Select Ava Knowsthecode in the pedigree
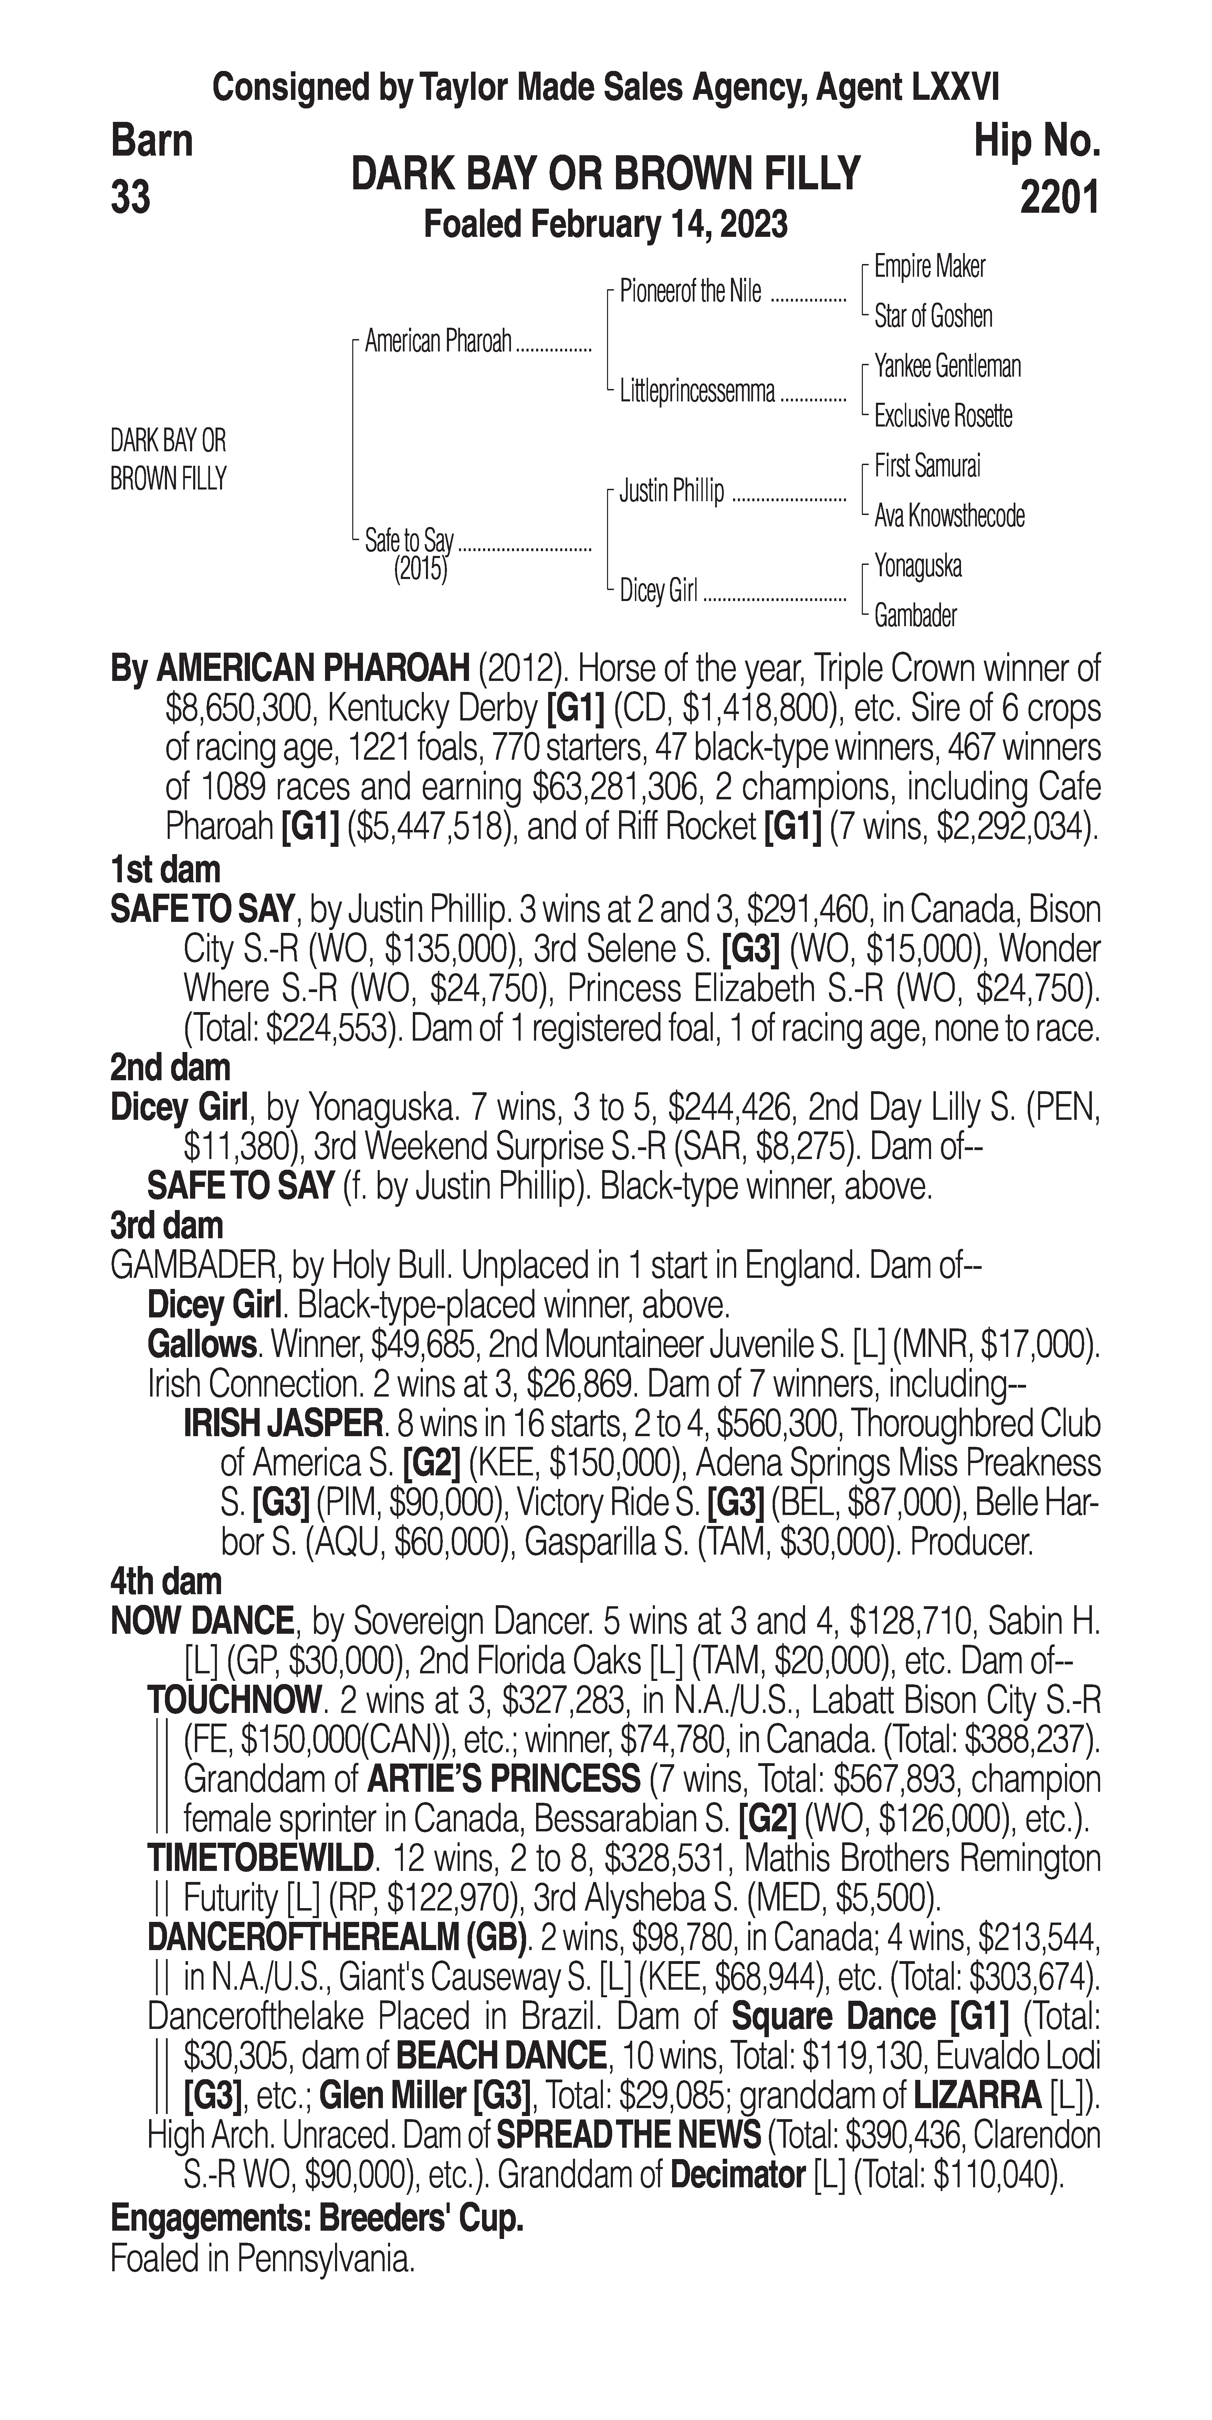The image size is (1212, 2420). point(949,516)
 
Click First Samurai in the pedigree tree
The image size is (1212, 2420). point(927,466)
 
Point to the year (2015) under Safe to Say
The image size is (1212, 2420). point(420,569)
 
